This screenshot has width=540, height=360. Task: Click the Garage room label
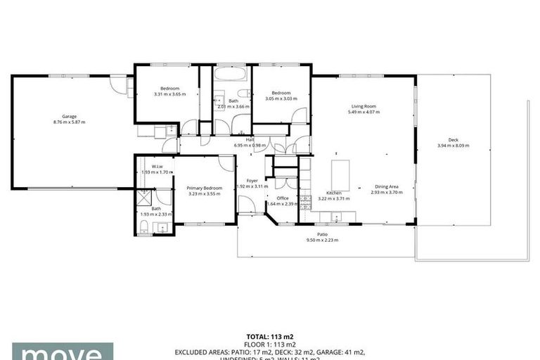pos(69,116)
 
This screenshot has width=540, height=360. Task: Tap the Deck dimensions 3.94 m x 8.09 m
pos(453,146)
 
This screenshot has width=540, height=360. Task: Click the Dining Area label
pos(386,186)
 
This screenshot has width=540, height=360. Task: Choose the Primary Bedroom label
pos(204,188)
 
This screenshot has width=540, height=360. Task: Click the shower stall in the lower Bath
pos(145,196)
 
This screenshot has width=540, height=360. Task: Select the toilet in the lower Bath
pos(143,226)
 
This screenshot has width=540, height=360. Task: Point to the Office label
pos(283,198)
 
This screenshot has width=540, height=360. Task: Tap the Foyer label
pos(252,181)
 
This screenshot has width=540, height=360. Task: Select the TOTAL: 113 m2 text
pos(269,336)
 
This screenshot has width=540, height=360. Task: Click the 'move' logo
pos(56,352)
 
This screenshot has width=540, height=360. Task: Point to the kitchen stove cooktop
pos(306,203)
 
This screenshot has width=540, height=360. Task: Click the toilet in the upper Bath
pos(243,94)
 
